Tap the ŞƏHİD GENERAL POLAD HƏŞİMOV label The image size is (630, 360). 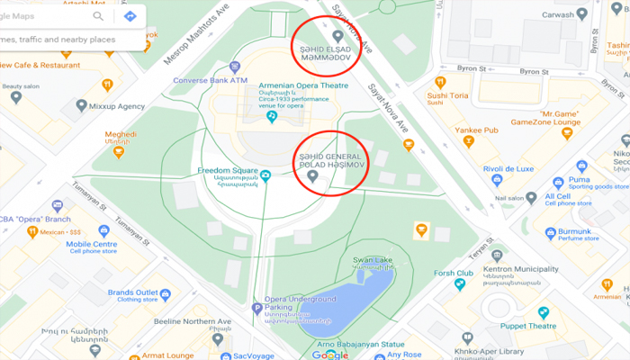click(x=329, y=160)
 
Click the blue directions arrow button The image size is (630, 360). click(x=130, y=16)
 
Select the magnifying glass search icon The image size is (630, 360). click(x=98, y=16)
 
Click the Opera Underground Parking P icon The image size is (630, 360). click(x=256, y=308)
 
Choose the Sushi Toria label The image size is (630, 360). click(x=447, y=94)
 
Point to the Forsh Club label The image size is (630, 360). click(x=453, y=273)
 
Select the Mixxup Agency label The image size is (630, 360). click(x=116, y=106)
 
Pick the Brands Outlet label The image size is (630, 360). click(x=133, y=292)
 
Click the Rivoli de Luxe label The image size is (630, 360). click(x=508, y=168)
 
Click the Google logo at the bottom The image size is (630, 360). click(x=329, y=354)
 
